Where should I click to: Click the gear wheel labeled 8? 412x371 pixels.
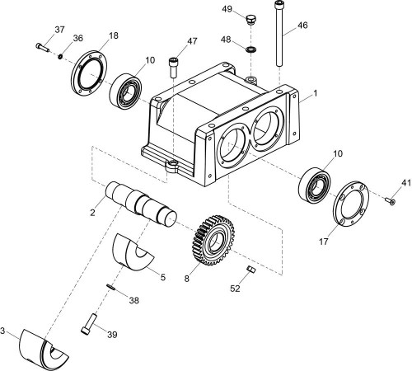pyautogui.click(x=213, y=241)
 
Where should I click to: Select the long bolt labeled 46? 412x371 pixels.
pyautogui.click(x=279, y=34)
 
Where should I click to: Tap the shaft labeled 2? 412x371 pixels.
pyautogui.click(x=141, y=204)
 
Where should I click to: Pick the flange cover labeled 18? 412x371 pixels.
pyautogui.click(x=89, y=73)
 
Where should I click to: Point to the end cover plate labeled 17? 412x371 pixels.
pyautogui.click(x=351, y=204)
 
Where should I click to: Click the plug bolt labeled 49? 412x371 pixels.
pyautogui.click(x=250, y=20)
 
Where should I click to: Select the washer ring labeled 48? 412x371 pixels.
pyautogui.click(x=251, y=49)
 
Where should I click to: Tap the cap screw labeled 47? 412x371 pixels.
pyautogui.click(x=173, y=67)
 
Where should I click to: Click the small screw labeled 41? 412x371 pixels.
pyautogui.click(x=390, y=201)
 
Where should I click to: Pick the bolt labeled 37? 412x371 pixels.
pyautogui.click(x=42, y=47)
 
